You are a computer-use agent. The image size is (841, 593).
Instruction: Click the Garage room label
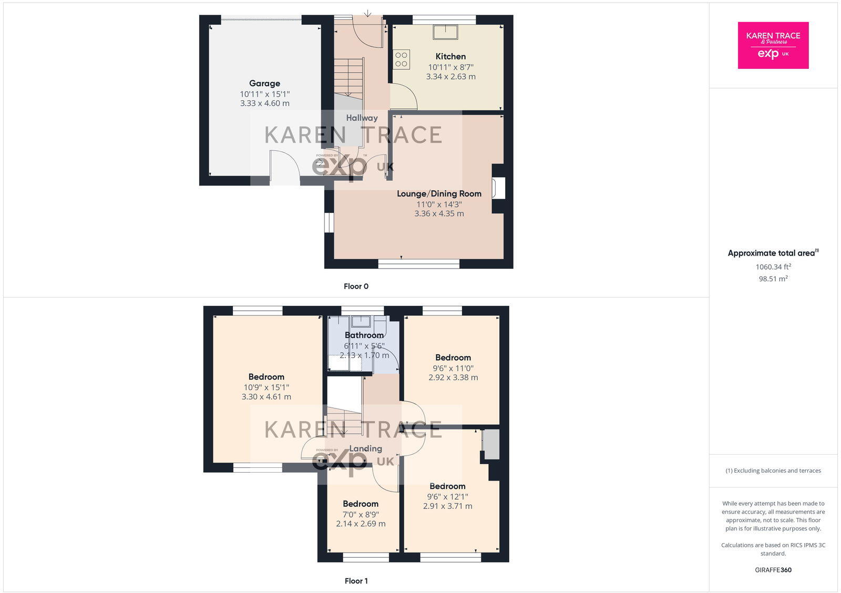point(264,83)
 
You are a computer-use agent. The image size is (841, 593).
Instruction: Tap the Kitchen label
point(450,56)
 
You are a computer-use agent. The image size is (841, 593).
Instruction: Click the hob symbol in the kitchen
point(402,59)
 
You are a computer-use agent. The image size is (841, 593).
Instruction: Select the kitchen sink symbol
point(445,32)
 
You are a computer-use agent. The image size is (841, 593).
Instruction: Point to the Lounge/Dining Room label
point(439,193)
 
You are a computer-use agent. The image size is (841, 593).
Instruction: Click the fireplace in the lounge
point(498,188)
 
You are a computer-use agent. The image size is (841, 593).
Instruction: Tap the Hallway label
point(362,118)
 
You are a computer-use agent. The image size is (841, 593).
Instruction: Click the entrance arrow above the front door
point(367,13)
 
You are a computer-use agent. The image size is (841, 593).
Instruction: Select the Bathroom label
point(364,335)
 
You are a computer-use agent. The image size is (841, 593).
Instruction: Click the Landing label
point(365,448)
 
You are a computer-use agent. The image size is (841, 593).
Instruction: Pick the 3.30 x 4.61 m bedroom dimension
point(266,397)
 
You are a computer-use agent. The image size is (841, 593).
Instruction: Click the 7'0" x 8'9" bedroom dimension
point(361,515)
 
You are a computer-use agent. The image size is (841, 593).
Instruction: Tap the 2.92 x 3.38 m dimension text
point(453,377)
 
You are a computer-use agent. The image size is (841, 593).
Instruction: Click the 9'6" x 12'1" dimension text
point(447,496)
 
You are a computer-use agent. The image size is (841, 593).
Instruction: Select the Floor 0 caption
point(356,287)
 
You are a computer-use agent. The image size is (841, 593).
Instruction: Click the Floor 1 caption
point(356,581)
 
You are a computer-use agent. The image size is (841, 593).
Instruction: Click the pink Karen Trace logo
point(773,45)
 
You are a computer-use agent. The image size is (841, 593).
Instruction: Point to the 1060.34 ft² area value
point(773,267)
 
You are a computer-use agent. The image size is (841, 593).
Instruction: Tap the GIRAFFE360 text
point(773,570)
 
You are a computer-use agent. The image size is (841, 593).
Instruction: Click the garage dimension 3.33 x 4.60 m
point(264,104)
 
